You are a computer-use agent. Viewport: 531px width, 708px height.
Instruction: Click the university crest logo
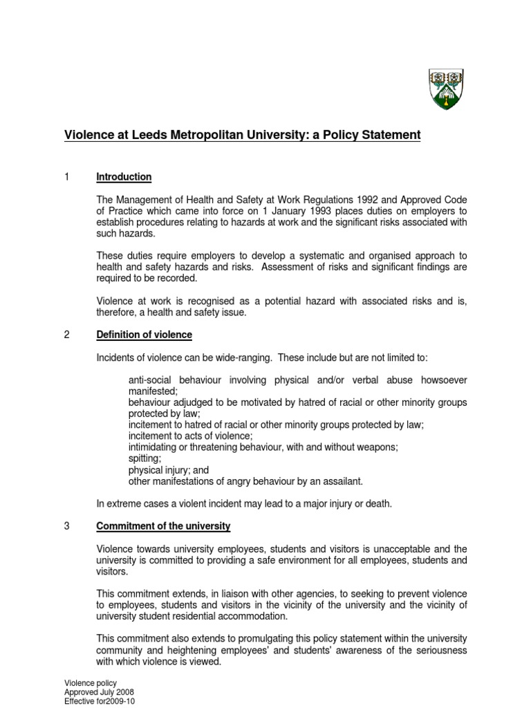click(446, 89)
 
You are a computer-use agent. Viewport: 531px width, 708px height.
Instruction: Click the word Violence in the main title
click(89, 135)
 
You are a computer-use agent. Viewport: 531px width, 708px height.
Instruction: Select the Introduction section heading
click(124, 177)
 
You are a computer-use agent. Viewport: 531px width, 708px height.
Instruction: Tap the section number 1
click(66, 177)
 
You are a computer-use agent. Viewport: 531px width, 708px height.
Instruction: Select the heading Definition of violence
click(144, 335)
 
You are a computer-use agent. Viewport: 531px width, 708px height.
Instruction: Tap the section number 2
click(67, 335)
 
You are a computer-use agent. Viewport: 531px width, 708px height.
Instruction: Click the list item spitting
click(145, 458)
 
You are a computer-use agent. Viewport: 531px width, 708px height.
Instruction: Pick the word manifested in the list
click(153, 391)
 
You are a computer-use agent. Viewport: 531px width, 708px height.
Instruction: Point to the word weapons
click(378, 447)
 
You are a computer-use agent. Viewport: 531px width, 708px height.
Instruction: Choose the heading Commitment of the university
click(163, 526)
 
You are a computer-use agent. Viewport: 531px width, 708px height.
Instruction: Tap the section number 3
click(67, 526)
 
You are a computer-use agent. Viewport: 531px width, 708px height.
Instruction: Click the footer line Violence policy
click(91, 684)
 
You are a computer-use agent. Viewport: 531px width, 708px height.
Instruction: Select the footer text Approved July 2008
click(100, 692)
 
